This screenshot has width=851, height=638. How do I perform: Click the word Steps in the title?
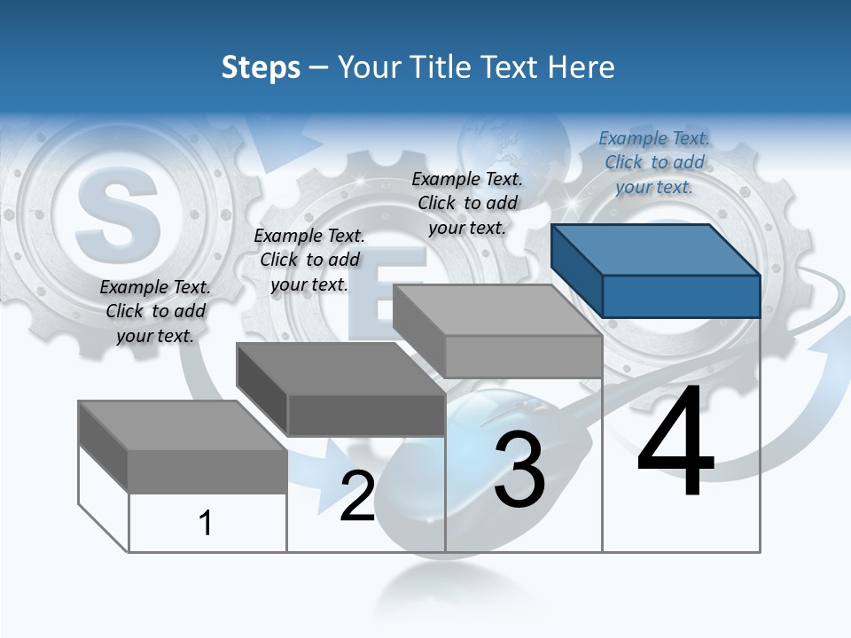point(261,67)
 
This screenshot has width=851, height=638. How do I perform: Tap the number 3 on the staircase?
point(519,470)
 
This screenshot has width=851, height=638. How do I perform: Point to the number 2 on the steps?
point(357,496)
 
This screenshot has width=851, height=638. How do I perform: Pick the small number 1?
point(206,523)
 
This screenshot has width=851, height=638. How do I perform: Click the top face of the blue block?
point(654,248)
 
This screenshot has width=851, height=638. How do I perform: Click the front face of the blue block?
point(681,296)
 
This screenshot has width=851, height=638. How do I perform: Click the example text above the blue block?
point(654,162)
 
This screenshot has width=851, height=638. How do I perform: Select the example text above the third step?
point(467,203)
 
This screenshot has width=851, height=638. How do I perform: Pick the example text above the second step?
point(309,260)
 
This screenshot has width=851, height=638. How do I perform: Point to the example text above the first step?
point(155,311)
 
